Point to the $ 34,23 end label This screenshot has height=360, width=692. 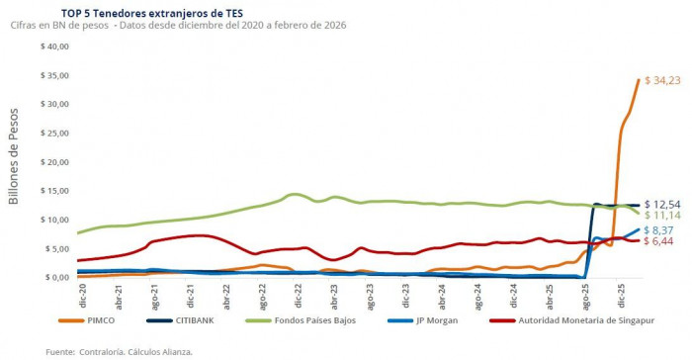pyautogui.click(x=663, y=81)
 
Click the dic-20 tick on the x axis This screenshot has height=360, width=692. pyautogui.click(x=83, y=294)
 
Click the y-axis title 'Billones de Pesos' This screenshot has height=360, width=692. pyautogui.click(x=14, y=160)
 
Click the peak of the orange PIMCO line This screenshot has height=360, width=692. pyautogui.click(x=639, y=80)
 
